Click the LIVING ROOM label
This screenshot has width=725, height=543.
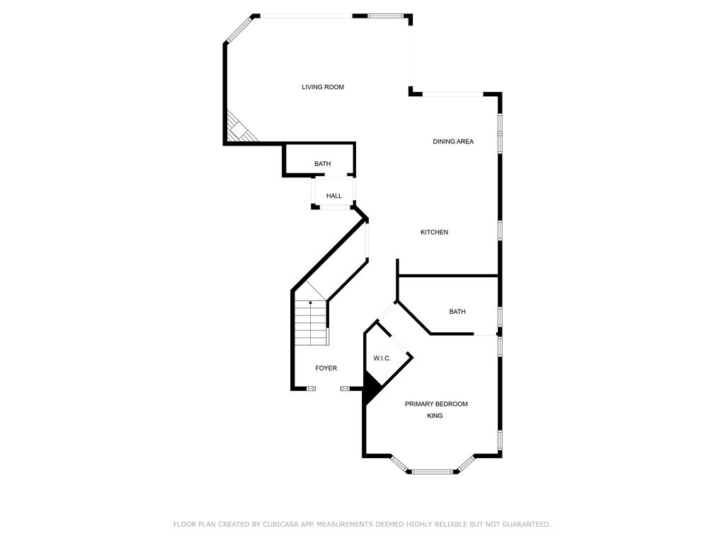tap(323, 87)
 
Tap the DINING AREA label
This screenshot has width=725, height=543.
tap(453, 141)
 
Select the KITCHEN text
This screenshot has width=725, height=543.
tap(434, 232)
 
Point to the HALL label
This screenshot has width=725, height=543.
tap(334, 196)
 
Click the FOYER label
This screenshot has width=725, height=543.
tap(326, 368)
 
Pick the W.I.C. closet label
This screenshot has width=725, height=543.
tap(382, 358)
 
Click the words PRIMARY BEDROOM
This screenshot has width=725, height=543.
tap(436, 404)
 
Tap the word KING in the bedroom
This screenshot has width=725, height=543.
tap(435, 416)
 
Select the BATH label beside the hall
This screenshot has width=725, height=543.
tap(323, 163)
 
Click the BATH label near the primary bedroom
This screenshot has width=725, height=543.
tap(457, 312)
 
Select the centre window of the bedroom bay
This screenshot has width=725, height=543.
tap(433, 472)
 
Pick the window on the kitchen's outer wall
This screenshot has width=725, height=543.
tap(500, 230)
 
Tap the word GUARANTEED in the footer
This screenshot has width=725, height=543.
tap(527, 524)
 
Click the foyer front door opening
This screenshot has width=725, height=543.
tap(329, 389)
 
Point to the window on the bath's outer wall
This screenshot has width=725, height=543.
tap(500, 316)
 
